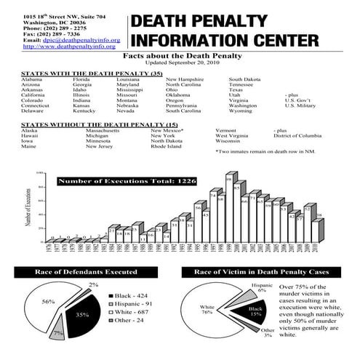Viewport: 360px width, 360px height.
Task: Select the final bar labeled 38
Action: (319, 229)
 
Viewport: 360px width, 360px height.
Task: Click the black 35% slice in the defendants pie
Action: (81, 314)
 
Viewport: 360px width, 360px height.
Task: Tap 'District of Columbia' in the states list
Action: (302, 136)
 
